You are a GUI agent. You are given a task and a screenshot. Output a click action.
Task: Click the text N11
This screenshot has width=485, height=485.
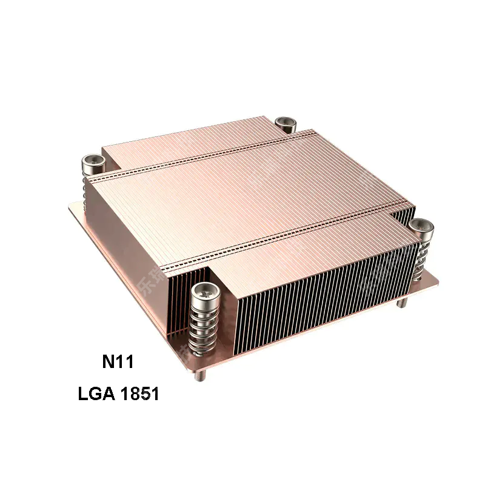(x=117, y=363)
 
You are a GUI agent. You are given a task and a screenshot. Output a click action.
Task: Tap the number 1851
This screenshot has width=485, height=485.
(x=140, y=395)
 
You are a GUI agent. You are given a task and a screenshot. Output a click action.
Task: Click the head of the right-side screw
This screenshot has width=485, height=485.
(x=421, y=227)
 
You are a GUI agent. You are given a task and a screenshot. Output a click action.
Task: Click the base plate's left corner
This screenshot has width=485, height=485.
(x=72, y=207)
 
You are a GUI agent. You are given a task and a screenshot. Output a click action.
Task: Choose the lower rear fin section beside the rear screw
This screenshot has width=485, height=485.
(x=182, y=136)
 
